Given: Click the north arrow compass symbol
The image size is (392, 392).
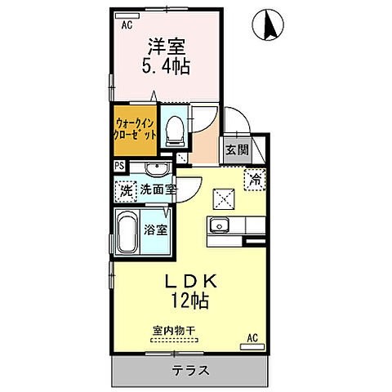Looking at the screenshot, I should point(268,27).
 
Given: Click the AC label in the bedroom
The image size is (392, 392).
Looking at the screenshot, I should point(127,25).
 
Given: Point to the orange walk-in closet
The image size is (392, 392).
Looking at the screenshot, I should point(133,131).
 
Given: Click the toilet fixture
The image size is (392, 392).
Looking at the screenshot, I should point(173,131).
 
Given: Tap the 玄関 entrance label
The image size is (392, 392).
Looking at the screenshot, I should point(238,149).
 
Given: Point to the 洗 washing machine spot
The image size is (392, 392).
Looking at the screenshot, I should point(126,189).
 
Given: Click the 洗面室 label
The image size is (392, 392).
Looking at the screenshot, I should point(157,189).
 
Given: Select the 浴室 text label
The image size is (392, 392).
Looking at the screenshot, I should point(158,229).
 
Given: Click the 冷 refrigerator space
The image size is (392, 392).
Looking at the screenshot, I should point(255,179).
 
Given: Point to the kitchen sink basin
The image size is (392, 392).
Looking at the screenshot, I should point(218,226).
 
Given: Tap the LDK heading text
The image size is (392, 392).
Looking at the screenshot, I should point(189,281).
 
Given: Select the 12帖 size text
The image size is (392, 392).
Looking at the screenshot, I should point(189,301).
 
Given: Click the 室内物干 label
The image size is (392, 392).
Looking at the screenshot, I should point(172,331).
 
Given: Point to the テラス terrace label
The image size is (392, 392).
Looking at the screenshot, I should point(190,370).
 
